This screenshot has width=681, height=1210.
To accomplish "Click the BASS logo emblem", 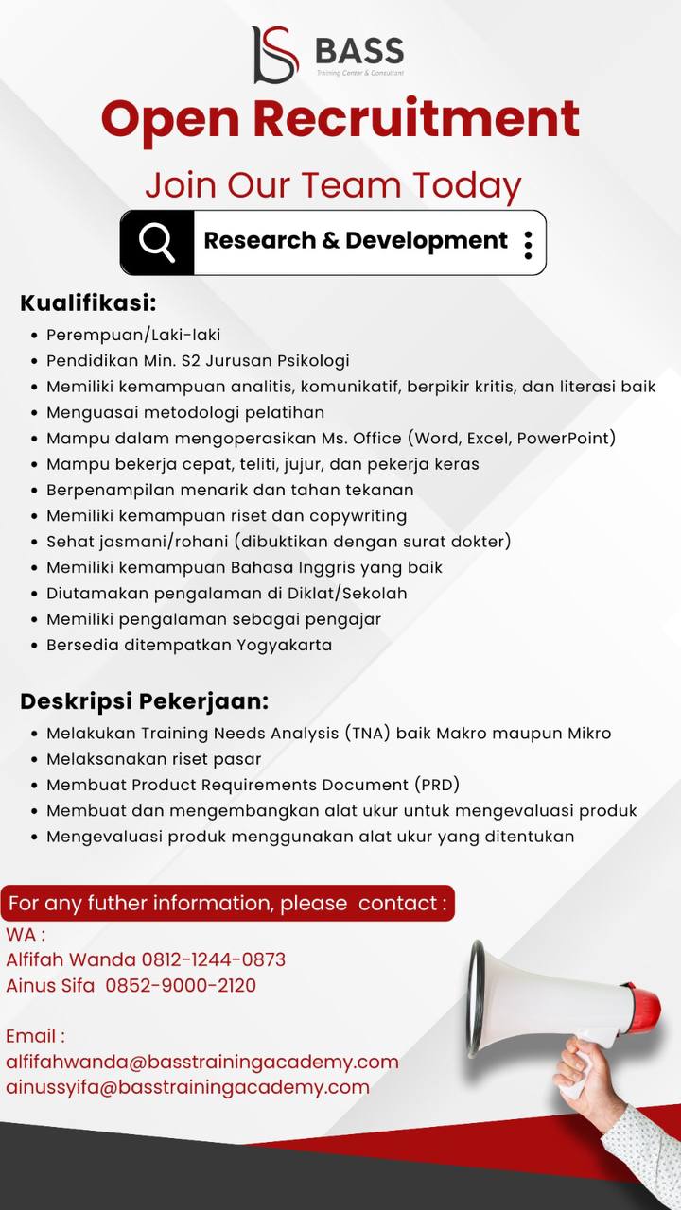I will tap(274, 54).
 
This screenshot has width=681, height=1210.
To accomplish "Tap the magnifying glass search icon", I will tap(157, 242).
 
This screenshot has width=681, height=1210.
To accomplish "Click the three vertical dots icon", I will tap(528, 243).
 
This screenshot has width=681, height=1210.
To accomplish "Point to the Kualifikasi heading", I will tap(88, 303).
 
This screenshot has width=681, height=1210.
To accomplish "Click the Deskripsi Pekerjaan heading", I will tap(145, 701).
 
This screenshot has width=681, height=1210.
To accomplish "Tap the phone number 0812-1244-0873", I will tap(213, 959).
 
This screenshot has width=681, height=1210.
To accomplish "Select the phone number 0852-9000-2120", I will tap(181, 985).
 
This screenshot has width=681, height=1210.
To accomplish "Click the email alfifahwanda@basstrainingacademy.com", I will tap(201, 1062).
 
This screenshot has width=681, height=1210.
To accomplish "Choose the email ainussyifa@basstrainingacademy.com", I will tap(187, 1087).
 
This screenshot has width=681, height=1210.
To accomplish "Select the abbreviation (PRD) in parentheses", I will tap(437, 785).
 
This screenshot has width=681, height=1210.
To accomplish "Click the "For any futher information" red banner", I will tap(227, 903).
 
